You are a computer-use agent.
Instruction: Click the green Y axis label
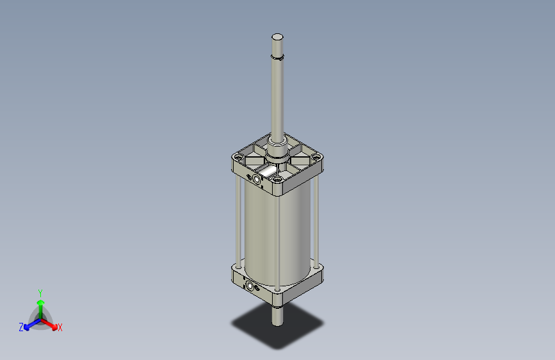point(40,291)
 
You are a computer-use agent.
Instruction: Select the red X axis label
point(60,327)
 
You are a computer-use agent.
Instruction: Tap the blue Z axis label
point(20,327)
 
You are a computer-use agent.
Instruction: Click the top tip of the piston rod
point(277,37)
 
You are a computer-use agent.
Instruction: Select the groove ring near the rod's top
point(277,58)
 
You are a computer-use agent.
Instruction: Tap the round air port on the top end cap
point(257,179)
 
